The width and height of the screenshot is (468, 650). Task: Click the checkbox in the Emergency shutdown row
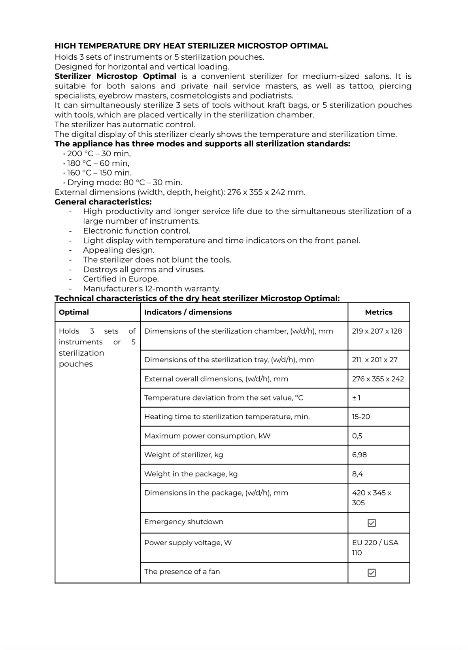click(x=372, y=523)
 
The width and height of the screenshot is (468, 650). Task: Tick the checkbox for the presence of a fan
click(x=372, y=573)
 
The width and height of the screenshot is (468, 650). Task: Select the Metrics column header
click(x=378, y=312)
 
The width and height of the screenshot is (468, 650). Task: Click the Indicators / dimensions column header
click(x=188, y=312)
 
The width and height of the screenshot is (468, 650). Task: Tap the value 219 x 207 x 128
click(x=377, y=331)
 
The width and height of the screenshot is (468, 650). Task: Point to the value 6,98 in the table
click(x=359, y=455)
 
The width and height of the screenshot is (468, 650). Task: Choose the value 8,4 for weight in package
click(x=357, y=474)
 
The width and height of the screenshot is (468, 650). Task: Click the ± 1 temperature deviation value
click(x=356, y=398)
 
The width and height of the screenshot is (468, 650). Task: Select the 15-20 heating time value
click(x=361, y=417)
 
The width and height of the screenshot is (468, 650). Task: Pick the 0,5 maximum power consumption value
click(x=357, y=436)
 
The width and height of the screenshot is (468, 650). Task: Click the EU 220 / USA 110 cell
click(x=375, y=548)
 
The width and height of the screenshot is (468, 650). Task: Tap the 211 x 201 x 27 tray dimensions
click(x=374, y=360)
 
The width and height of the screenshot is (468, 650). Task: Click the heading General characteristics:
click(x=103, y=202)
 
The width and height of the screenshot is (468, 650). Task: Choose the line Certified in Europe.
click(x=121, y=279)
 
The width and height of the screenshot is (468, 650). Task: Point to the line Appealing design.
click(x=119, y=250)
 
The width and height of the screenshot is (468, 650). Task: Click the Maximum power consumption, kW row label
click(x=207, y=436)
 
